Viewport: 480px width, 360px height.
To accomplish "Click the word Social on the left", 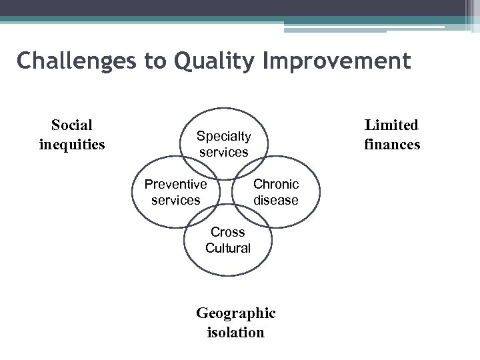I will click(72, 125).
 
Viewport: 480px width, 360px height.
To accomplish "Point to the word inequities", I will click(72, 143).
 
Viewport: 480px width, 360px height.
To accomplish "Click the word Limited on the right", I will click(391, 125).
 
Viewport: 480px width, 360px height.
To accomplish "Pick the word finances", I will click(392, 143).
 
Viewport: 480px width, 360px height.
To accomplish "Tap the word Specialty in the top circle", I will click(223, 136).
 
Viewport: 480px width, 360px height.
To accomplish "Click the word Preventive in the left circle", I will click(176, 184).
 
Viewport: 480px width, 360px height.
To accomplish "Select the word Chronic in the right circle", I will click(276, 184).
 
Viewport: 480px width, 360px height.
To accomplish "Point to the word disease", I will click(276, 200).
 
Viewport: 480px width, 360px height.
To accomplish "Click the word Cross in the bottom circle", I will click(228, 232).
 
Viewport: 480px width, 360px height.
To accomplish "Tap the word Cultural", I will click(228, 248).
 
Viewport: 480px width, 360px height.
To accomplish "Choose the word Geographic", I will click(235, 313).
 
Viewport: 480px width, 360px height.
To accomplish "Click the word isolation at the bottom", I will click(235, 332).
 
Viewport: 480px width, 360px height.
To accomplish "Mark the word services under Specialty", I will click(223, 152).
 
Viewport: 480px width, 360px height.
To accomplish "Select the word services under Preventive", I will click(176, 200).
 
